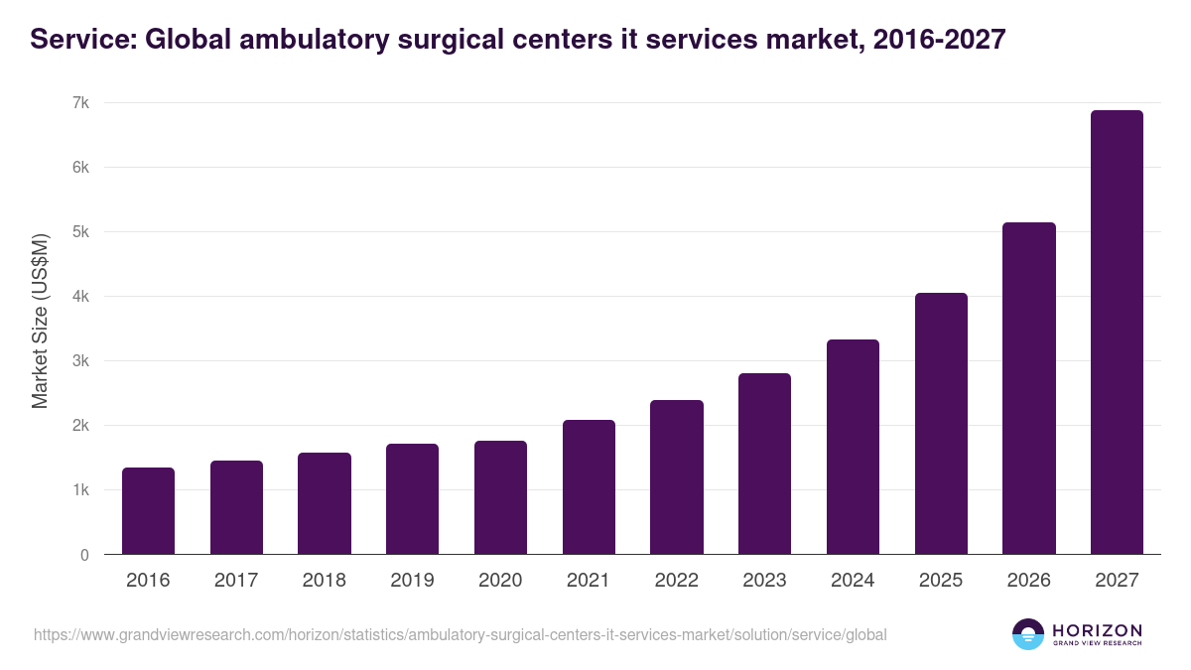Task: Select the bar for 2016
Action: point(148,511)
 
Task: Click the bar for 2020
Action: point(500,497)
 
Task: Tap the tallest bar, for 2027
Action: point(1117,333)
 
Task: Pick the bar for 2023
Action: point(764,464)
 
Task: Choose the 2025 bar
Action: point(941,424)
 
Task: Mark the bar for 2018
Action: point(325,503)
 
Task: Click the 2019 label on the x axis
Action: point(412,581)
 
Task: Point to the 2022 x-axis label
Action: point(676,581)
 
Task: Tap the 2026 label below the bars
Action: point(1028,581)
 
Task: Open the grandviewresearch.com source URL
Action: point(460,634)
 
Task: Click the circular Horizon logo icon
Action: point(1028,634)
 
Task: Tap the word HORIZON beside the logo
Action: point(1098,630)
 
